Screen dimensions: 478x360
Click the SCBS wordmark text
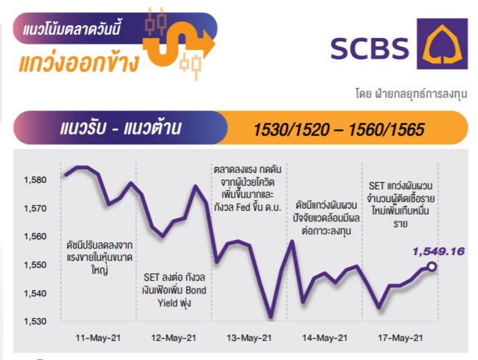[369, 48]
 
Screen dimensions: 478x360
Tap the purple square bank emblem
[442, 44]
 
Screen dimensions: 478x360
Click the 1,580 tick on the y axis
[35, 180]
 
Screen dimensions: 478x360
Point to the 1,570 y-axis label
[35, 209]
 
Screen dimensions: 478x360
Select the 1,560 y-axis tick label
[35, 236]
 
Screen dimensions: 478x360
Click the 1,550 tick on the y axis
[35, 264]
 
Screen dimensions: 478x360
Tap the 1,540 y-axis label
[35, 294]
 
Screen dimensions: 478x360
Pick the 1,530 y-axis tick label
[35, 321]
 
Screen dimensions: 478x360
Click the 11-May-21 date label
[98, 338]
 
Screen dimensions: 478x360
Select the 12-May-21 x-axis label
[174, 338]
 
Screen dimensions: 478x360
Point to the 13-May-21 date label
[249, 338]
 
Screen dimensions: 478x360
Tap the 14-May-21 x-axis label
[324, 338]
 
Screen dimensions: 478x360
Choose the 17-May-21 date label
[401, 338]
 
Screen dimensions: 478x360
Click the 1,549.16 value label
[439, 251]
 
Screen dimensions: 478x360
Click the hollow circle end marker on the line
[432, 266]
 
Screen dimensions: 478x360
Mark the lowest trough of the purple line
[271, 317]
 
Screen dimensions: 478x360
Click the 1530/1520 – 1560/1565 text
[339, 129]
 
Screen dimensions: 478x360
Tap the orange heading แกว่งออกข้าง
[79, 63]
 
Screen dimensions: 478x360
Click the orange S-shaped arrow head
[208, 44]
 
